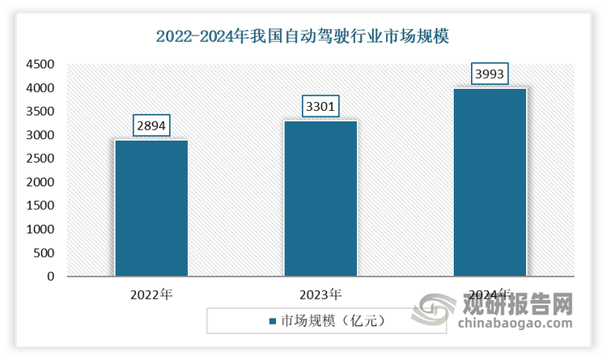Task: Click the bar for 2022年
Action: click(151, 208)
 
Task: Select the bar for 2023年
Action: click(320, 198)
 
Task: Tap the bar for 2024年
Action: click(490, 182)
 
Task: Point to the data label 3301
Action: click(320, 106)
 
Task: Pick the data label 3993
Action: click(490, 74)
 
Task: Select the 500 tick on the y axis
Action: click(42, 253)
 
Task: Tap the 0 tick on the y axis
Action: click(49, 277)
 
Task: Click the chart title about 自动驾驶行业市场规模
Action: click(303, 36)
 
